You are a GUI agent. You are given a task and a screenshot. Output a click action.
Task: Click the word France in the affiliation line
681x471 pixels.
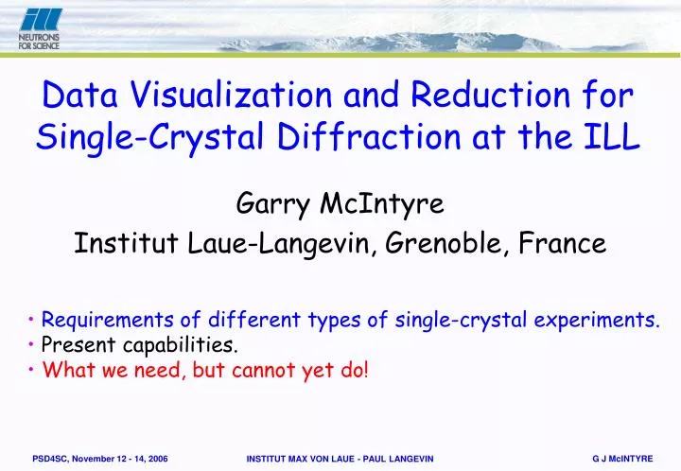point(567,244)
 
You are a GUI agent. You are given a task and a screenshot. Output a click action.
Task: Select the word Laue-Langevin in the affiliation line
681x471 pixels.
point(285,244)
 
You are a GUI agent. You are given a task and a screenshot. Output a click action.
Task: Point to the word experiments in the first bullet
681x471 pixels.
point(604,320)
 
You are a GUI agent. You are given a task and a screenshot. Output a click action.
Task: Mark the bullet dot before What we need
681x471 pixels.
point(33,369)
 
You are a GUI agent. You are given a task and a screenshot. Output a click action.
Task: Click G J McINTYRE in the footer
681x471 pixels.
point(622,458)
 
